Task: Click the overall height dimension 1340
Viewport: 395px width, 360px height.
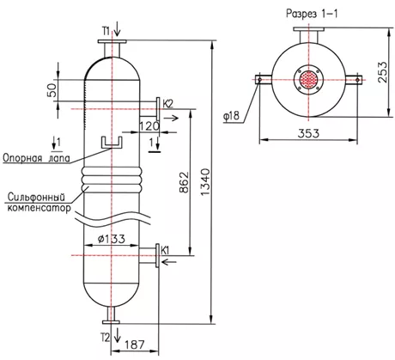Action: [x=205, y=182]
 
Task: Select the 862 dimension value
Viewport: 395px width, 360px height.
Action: [x=184, y=182]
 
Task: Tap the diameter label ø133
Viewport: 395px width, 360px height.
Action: [x=112, y=239]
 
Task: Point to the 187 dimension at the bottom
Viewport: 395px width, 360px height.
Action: [x=135, y=345]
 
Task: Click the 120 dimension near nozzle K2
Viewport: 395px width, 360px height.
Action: [x=149, y=126]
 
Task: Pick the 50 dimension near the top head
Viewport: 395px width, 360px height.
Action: [x=52, y=90]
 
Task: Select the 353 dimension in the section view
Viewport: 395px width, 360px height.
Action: [x=308, y=133]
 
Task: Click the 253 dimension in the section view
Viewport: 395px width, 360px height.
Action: [x=384, y=72]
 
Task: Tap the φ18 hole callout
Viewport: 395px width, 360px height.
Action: [x=231, y=116]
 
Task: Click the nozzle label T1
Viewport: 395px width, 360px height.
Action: [x=106, y=30]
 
